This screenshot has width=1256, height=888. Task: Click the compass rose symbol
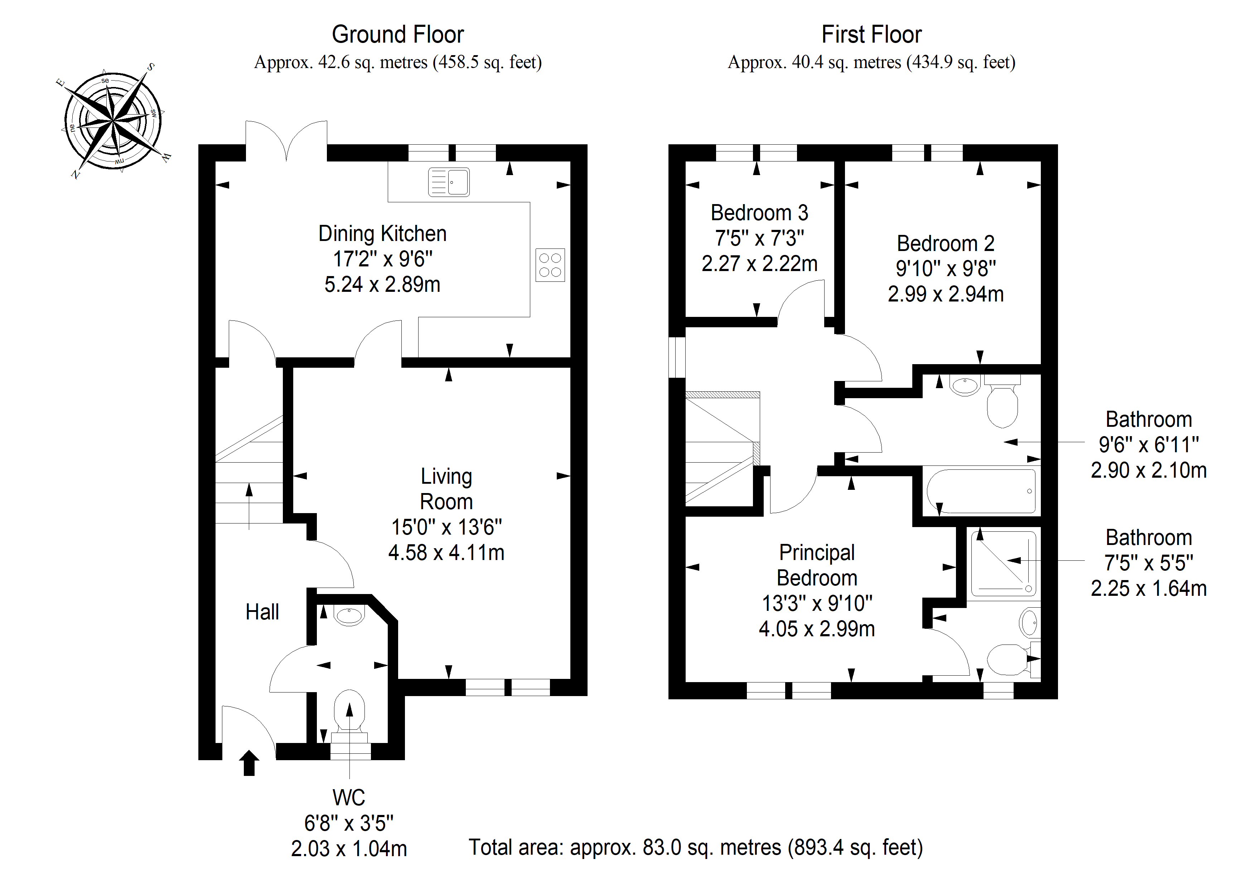click(113, 120)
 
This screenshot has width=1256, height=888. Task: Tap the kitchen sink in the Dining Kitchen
click(449, 182)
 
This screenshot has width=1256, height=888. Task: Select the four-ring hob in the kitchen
click(550, 265)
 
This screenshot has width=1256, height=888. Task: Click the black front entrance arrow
click(250, 763)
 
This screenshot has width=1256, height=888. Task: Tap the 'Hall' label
click(262, 612)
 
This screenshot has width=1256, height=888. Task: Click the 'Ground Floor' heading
click(398, 34)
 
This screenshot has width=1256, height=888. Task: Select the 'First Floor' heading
click(871, 34)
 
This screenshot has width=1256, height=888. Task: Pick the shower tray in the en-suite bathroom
click(1003, 563)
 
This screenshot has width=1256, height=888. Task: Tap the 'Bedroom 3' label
click(759, 212)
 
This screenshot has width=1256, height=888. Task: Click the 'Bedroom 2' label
click(945, 243)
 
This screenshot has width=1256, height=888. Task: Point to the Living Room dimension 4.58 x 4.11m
click(446, 552)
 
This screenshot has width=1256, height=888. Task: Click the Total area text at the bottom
click(696, 848)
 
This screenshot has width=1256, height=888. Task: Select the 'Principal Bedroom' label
click(817, 565)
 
